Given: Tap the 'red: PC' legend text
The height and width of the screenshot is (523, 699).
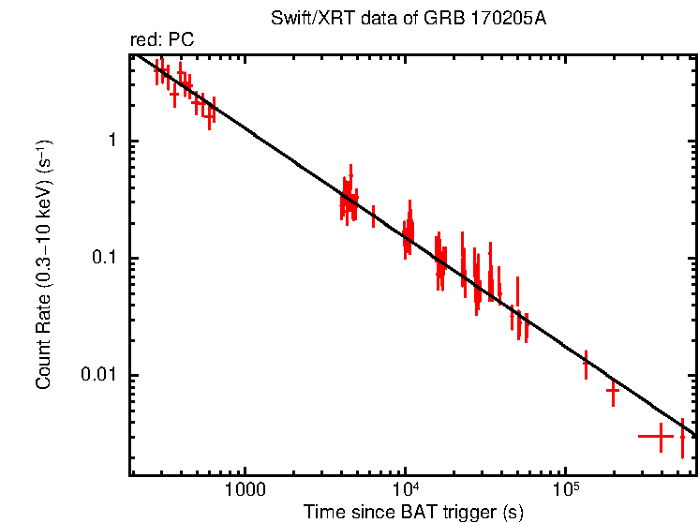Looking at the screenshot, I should (162, 40).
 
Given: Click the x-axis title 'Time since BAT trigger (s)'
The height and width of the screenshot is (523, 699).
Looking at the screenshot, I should (413, 512).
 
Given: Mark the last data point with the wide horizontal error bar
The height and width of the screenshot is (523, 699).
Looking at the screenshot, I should (661, 436).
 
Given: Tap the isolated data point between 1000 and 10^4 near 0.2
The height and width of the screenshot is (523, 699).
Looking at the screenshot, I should (373, 216).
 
